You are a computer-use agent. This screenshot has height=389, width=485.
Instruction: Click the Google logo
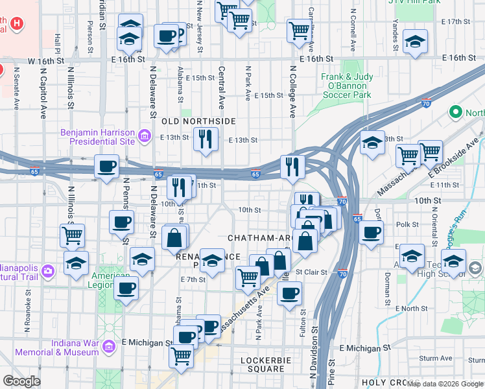pyautogui.click(x=21, y=381)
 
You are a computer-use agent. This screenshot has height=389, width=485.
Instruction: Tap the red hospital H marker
pyautogui.click(x=18, y=25)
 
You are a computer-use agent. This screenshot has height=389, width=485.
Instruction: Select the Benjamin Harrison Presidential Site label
pyautogui.click(x=97, y=136)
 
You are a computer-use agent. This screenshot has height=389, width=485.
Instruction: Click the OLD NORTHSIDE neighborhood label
pyautogui.click(x=189, y=121)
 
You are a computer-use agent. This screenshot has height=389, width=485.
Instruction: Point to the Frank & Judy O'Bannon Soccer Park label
pyautogui.click(x=347, y=86)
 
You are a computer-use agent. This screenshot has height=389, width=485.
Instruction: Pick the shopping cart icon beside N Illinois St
pyautogui.click(x=71, y=234)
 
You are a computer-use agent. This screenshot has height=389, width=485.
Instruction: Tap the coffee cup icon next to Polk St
pyautogui.click(x=371, y=232)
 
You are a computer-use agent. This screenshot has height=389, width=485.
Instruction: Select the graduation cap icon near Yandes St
pyautogui.click(x=415, y=41)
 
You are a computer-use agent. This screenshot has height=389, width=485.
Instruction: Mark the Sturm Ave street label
pyautogui.click(x=434, y=358)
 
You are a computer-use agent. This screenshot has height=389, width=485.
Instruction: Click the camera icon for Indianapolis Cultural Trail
pyautogui.click(x=48, y=270)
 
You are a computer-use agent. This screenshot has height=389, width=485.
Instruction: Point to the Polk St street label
pyautogui.click(x=407, y=224)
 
